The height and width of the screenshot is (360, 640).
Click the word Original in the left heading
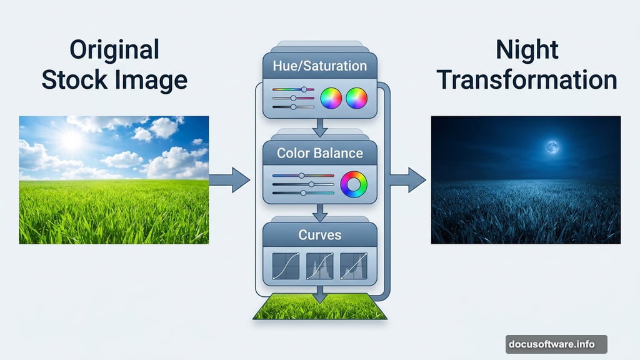114,50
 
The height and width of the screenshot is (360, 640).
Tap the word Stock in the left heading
75,79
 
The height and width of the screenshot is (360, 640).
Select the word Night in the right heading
526,50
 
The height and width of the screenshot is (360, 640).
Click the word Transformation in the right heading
526,79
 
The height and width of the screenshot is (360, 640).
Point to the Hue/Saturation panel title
319,66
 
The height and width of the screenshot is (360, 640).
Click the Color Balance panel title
319,153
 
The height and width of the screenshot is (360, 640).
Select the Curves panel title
319,235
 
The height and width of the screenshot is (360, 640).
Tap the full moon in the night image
552,147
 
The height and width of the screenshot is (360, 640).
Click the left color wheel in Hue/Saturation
331,98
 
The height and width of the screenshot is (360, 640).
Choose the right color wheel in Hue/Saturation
356,98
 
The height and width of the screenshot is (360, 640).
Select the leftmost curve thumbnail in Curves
286,266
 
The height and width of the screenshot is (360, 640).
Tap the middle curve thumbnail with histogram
319,266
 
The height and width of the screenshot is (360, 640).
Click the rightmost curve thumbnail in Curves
354,266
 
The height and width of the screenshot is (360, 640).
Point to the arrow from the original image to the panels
229,179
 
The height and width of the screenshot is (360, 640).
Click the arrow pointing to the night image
407,179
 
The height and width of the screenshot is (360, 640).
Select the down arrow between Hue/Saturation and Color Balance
319,127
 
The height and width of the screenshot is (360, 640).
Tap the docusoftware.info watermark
556,344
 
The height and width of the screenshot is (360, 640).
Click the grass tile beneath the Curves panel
319,306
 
